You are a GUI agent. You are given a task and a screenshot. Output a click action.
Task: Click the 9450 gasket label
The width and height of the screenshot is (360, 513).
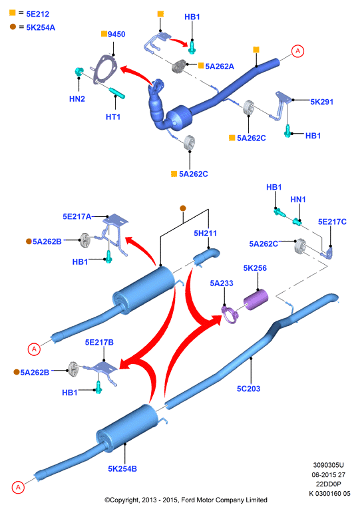(x=116, y=34)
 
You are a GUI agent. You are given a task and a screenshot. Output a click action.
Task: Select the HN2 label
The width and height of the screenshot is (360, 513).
(x=77, y=98)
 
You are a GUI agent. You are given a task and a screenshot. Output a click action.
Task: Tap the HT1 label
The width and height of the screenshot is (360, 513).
(x=113, y=116)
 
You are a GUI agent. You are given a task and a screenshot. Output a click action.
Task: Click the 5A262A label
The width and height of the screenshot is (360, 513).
(x=220, y=67)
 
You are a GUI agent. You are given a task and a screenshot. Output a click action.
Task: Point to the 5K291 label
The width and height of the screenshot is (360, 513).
(x=321, y=102)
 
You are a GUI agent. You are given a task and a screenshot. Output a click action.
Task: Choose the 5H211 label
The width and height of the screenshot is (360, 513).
(x=205, y=234)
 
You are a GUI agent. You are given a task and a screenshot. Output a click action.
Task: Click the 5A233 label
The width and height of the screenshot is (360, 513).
(x=222, y=283)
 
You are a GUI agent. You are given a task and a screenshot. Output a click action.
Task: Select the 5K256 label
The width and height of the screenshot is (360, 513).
(x=255, y=268)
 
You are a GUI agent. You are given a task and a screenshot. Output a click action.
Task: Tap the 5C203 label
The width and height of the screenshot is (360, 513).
(x=248, y=389)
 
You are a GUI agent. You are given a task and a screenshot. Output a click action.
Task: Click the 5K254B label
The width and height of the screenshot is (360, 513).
(x=122, y=469)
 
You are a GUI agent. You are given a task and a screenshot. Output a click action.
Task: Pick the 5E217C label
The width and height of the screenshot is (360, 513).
(x=332, y=222)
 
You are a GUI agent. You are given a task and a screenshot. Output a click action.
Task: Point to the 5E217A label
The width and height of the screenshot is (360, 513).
(x=77, y=216)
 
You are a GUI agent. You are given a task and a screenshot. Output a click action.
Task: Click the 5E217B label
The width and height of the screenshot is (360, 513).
(x=99, y=342)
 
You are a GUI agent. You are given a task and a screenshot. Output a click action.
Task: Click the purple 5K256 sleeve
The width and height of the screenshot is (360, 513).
(x=256, y=299)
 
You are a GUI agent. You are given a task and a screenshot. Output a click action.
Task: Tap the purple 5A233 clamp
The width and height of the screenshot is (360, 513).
(x=230, y=315)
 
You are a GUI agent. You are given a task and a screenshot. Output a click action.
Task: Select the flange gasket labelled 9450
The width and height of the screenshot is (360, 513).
(x=104, y=69)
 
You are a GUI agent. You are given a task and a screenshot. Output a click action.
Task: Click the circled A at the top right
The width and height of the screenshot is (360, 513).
(x=297, y=51)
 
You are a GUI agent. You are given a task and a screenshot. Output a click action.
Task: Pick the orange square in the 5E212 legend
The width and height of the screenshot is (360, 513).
(x=13, y=13)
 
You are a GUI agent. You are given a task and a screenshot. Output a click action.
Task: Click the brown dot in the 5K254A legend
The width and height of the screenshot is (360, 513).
(x=13, y=27)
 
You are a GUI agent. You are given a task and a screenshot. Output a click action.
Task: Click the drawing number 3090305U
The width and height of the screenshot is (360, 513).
(x=328, y=465)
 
